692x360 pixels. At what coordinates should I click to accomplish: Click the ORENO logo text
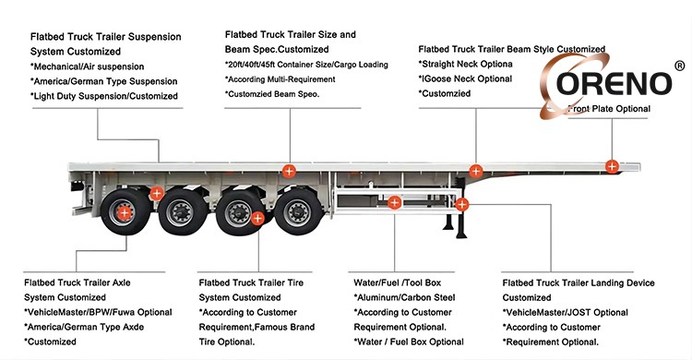tap(614, 83)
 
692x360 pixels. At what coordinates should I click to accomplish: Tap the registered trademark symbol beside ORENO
tap(680, 66)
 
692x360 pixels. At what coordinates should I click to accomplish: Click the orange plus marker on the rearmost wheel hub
tap(125, 213)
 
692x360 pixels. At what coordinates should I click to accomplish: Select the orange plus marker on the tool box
tap(395, 203)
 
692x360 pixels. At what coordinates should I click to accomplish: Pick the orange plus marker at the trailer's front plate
tap(612, 166)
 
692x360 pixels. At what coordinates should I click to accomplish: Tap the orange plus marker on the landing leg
tap(461, 205)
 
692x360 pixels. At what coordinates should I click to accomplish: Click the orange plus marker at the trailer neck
tap(476, 171)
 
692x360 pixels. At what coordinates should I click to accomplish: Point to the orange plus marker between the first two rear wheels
tap(156, 193)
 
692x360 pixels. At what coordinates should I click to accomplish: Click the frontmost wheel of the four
tap(298, 212)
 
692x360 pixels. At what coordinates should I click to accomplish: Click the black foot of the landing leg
tap(461, 234)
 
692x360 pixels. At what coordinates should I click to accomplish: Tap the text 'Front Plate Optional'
tap(610, 109)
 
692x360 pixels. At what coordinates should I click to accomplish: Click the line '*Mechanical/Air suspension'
tap(88, 66)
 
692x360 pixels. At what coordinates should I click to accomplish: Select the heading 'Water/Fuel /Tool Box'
tap(397, 282)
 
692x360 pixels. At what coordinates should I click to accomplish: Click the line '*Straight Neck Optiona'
tap(466, 64)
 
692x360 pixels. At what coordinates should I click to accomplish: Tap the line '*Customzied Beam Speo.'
tap(272, 94)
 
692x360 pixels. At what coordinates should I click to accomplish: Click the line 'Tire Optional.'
tap(227, 342)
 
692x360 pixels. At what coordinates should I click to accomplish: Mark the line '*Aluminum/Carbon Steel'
tap(404, 298)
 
